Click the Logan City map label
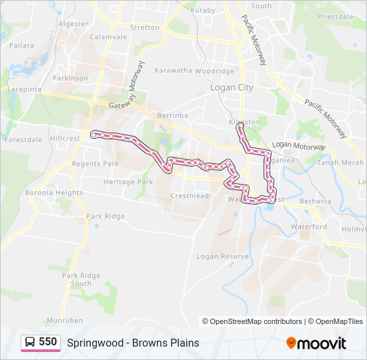coord(232,87)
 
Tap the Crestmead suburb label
coord(190,196)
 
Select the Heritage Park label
coord(128,182)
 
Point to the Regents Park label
coord(95,164)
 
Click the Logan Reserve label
coord(222,256)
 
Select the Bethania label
coord(315,201)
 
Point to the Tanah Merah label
coord(340,163)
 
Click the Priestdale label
coord(335,17)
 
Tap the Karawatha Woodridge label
coord(194,71)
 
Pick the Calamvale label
coord(108,37)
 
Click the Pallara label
coord(21,46)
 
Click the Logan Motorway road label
coord(298,146)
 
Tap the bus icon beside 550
coord(30,343)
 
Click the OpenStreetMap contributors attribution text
coord(256,321)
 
